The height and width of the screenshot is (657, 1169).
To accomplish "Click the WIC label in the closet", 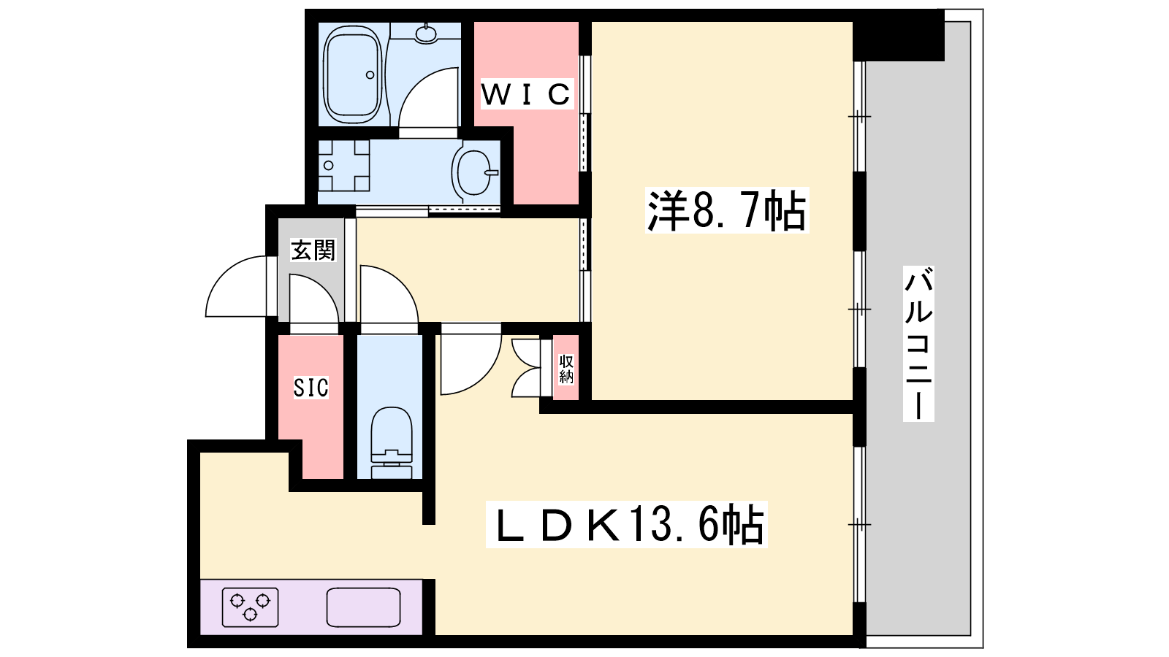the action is coord(526,94).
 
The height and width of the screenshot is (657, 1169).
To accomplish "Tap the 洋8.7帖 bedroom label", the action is coord(726,210).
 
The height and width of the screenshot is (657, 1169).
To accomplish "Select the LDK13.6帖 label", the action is coord(626,524).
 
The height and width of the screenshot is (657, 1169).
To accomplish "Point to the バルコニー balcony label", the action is coord(918,343).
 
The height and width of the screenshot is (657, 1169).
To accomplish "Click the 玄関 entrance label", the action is coord(313,250).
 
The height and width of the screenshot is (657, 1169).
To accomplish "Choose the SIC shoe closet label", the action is coord(311,388).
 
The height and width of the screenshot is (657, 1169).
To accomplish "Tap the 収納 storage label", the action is coord(566,369).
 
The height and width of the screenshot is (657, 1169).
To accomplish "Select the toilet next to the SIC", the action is coord(392,442).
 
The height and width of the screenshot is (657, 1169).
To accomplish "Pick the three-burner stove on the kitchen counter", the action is coord(250,607).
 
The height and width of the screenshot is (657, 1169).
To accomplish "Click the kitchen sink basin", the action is coord(363,607).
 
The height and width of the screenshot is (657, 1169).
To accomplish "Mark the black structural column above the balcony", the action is coord(899,36).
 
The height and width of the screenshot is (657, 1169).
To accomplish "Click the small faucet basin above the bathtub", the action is coord(427,33).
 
